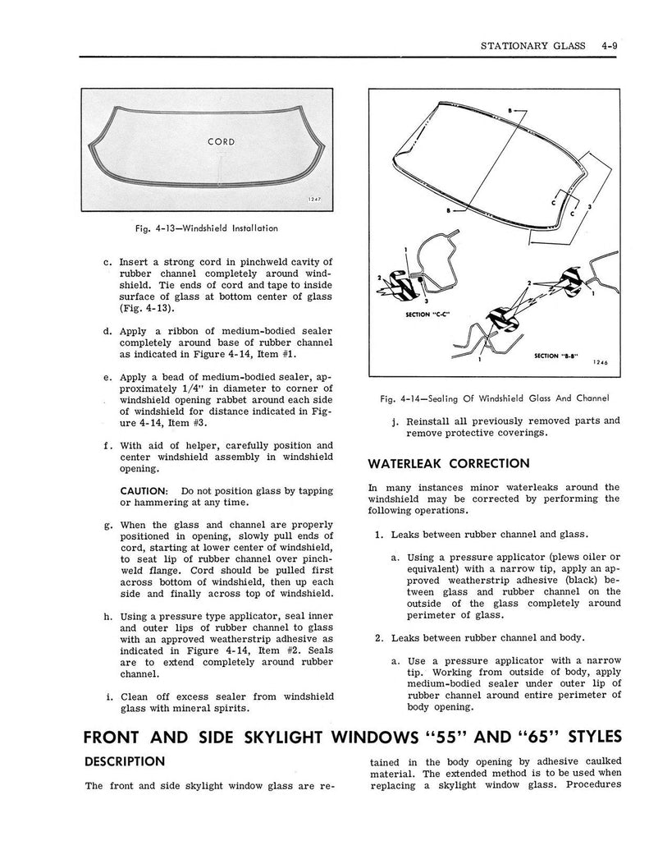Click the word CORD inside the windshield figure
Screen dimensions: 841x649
[x=222, y=141]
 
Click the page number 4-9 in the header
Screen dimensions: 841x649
[x=608, y=46]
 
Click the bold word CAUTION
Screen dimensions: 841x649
[x=145, y=490]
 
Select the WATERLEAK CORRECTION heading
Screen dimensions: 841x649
[x=449, y=463]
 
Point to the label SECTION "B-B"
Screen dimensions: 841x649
[x=556, y=356]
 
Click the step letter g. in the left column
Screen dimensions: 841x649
[x=109, y=525]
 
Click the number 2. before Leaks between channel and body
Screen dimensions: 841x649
[x=380, y=636]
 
